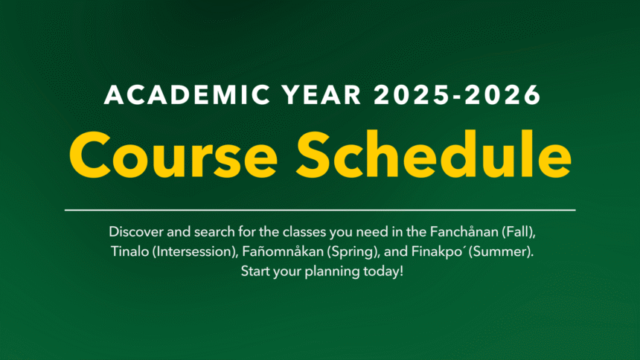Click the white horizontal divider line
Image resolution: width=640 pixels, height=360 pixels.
(320, 210)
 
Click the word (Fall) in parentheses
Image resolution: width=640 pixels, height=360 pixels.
(515, 231)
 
